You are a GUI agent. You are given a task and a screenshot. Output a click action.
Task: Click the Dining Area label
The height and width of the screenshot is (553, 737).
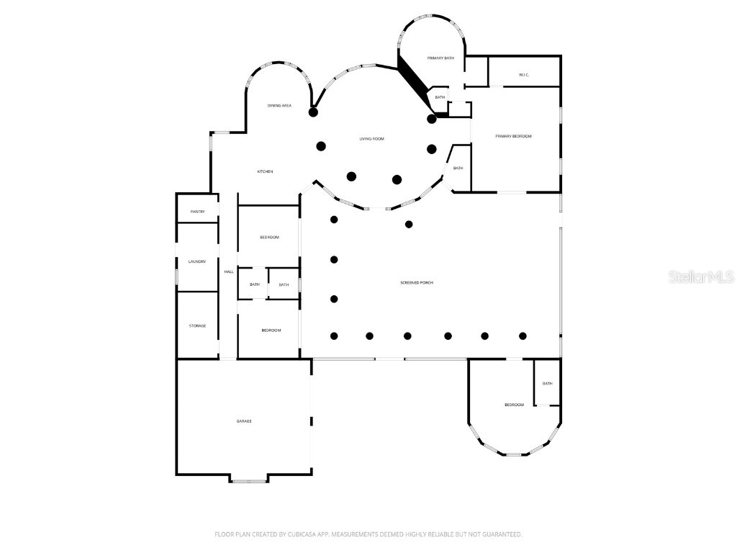click(279, 106)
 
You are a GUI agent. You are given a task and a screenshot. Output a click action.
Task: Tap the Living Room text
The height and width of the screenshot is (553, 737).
click(372, 138)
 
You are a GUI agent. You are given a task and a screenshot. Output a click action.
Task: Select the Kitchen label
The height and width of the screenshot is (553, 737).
click(265, 171)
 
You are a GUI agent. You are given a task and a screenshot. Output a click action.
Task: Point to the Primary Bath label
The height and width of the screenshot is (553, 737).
click(440, 58)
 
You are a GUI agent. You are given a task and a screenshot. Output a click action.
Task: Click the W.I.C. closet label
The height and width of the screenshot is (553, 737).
click(523, 75)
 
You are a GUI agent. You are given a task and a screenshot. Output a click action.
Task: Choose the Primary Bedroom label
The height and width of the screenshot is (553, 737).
click(513, 135)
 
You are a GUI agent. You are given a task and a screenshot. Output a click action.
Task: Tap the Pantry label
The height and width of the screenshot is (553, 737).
click(197, 212)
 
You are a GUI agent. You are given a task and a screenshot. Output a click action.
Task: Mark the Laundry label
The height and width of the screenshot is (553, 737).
click(197, 261)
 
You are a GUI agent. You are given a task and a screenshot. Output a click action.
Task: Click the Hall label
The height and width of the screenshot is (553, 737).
click(229, 271)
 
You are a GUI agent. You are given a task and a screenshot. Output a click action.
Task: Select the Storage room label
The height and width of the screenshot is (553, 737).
click(197, 325)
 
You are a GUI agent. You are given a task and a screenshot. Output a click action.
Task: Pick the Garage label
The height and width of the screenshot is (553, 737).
click(244, 421)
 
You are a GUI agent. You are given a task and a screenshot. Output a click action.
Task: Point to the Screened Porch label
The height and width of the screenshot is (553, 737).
click(417, 282)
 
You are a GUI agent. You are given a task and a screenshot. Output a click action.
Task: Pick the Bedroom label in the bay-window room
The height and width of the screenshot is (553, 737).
click(514, 405)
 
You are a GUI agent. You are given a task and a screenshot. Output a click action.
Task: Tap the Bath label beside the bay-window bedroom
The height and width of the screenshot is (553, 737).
click(547, 383)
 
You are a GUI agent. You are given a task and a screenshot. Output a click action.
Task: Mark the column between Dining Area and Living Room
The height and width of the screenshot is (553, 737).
click(313, 112)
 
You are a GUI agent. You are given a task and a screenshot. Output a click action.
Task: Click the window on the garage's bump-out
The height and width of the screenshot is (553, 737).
click(249, 480)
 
